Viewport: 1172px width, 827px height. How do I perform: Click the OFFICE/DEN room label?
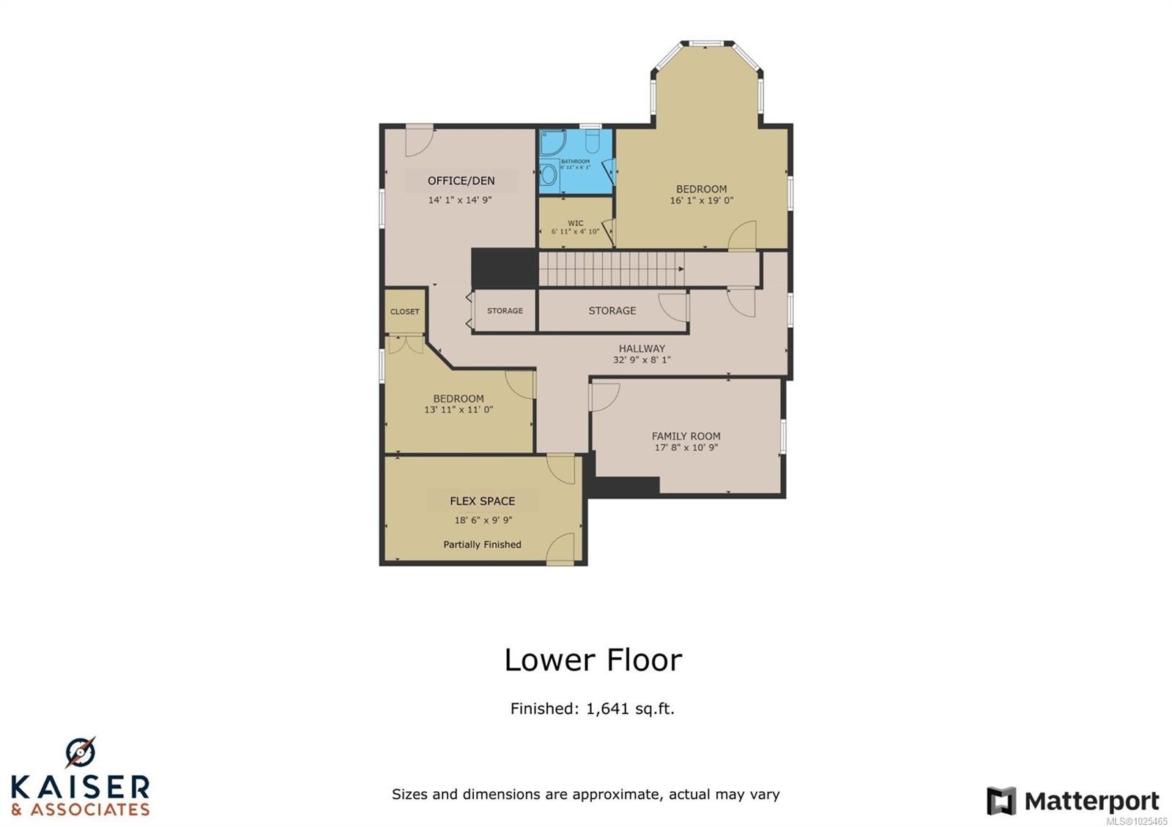(x=461, y=181)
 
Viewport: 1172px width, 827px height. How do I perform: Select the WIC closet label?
(x=575, y=223)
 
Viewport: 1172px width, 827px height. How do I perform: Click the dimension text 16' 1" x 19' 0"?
(x=701, y=201)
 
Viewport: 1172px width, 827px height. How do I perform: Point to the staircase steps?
(x=612, y=269)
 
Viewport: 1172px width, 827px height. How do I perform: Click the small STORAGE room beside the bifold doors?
(x=505, y=311)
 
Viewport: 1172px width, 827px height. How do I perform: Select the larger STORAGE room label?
(x=612, y=311)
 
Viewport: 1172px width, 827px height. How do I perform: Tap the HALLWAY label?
(x=642, y=349)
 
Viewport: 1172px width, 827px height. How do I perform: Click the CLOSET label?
(x=404, y=312)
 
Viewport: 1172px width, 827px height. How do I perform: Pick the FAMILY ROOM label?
(x=686, y=436)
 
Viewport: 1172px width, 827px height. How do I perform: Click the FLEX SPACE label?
(x=482, y=501)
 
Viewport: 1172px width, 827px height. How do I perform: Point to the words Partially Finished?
(x=482, y=545)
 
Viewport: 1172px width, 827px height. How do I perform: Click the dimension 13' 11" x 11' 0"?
(x=459, y=410)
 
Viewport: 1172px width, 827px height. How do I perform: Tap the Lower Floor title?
(x=593, y=660)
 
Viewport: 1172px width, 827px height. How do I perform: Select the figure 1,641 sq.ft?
(x=629, y=708)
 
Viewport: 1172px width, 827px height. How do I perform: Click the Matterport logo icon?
(x=1001, y=801)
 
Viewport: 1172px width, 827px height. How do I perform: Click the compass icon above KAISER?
(x=80, y=752)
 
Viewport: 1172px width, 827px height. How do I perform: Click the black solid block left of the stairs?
(x=504, y=268)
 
